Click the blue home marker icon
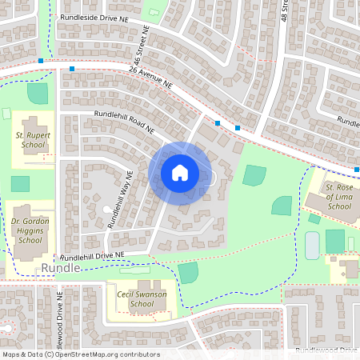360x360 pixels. [x=179, y=172]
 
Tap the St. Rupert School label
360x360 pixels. [x=34, y=142]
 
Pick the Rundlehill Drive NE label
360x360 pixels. [x=93, y=256]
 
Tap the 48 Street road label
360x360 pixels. [x=284, y=11]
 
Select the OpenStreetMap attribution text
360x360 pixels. [x=80, y=354]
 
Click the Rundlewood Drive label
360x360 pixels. [x=326, y=350]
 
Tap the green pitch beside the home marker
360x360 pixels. [x=254, y=175]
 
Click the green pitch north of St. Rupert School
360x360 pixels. [x=38, y=93]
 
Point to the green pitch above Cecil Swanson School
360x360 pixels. [x=188, y=272]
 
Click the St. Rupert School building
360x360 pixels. [x=30, y=126]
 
